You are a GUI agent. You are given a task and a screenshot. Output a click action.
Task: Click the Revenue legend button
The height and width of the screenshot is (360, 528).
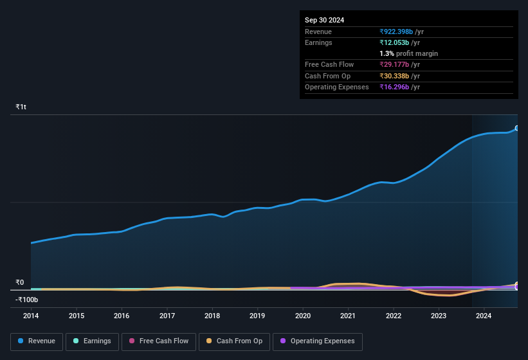(x=36, y=341)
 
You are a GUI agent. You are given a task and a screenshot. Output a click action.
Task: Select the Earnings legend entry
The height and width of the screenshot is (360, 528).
(x=91, y=341)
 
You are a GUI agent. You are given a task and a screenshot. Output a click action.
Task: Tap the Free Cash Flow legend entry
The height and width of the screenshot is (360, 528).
(x=158, y=341)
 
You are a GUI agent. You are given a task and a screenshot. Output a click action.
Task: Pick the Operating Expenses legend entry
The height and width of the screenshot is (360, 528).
(x=318, y=341)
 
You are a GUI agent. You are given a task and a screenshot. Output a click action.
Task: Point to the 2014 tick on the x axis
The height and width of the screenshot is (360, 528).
(x=31, y=316)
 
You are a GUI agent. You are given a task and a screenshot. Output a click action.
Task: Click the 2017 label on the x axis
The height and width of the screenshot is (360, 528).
(x=167, y=316)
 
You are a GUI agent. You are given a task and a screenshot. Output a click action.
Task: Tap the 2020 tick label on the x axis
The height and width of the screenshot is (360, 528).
(x=303, y=316)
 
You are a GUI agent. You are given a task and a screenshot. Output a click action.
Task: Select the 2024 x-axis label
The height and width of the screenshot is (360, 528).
(x=484, y=316)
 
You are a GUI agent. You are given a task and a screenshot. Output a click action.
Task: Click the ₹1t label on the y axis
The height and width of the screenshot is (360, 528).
(x=21, y=107)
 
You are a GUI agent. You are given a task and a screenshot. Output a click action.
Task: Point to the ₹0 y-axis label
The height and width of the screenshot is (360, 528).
(x=20, y=282)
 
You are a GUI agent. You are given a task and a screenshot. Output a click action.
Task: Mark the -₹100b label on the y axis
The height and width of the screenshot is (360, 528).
(x=27, y=300)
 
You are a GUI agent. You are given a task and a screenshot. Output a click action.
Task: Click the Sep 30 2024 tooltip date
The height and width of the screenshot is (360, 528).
(x=324, y=20)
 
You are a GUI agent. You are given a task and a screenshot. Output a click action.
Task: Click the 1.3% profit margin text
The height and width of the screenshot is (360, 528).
(x=408, y=53)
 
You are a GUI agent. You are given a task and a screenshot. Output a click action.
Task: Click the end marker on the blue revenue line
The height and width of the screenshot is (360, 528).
(x=516, y=129)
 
